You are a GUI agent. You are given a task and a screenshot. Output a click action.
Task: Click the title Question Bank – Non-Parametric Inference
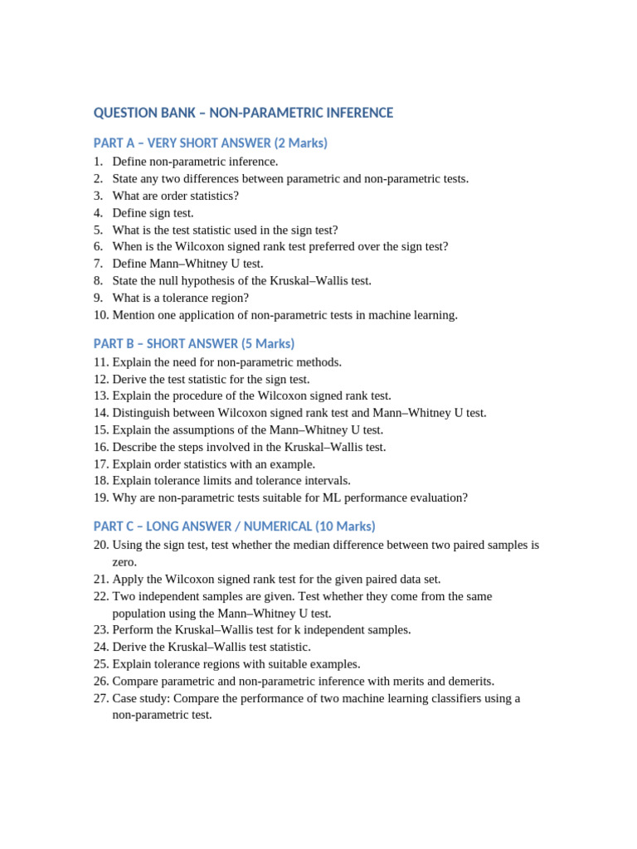(x=243, y=113)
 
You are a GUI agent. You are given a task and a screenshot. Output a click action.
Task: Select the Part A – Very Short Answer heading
(x=211, y=143)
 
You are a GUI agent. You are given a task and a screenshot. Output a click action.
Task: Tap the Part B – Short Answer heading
(x=194, y=344)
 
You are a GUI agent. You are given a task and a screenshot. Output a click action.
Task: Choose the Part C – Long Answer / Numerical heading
(x=235, y=526)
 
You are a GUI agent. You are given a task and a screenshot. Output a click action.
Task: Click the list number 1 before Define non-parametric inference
(x=97, y=162)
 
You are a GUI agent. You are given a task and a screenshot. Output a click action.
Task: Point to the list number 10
(x=101, y=315)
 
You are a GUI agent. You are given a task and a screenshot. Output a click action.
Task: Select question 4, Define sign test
(x=153, y=213)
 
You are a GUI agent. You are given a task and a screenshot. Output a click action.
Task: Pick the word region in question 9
(x=231, y=298)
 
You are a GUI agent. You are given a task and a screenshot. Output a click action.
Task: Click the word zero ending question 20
(x=124, y=562)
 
